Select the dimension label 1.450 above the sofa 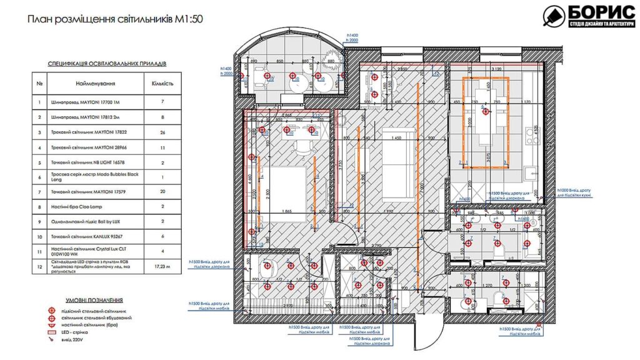tap(394, 137)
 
